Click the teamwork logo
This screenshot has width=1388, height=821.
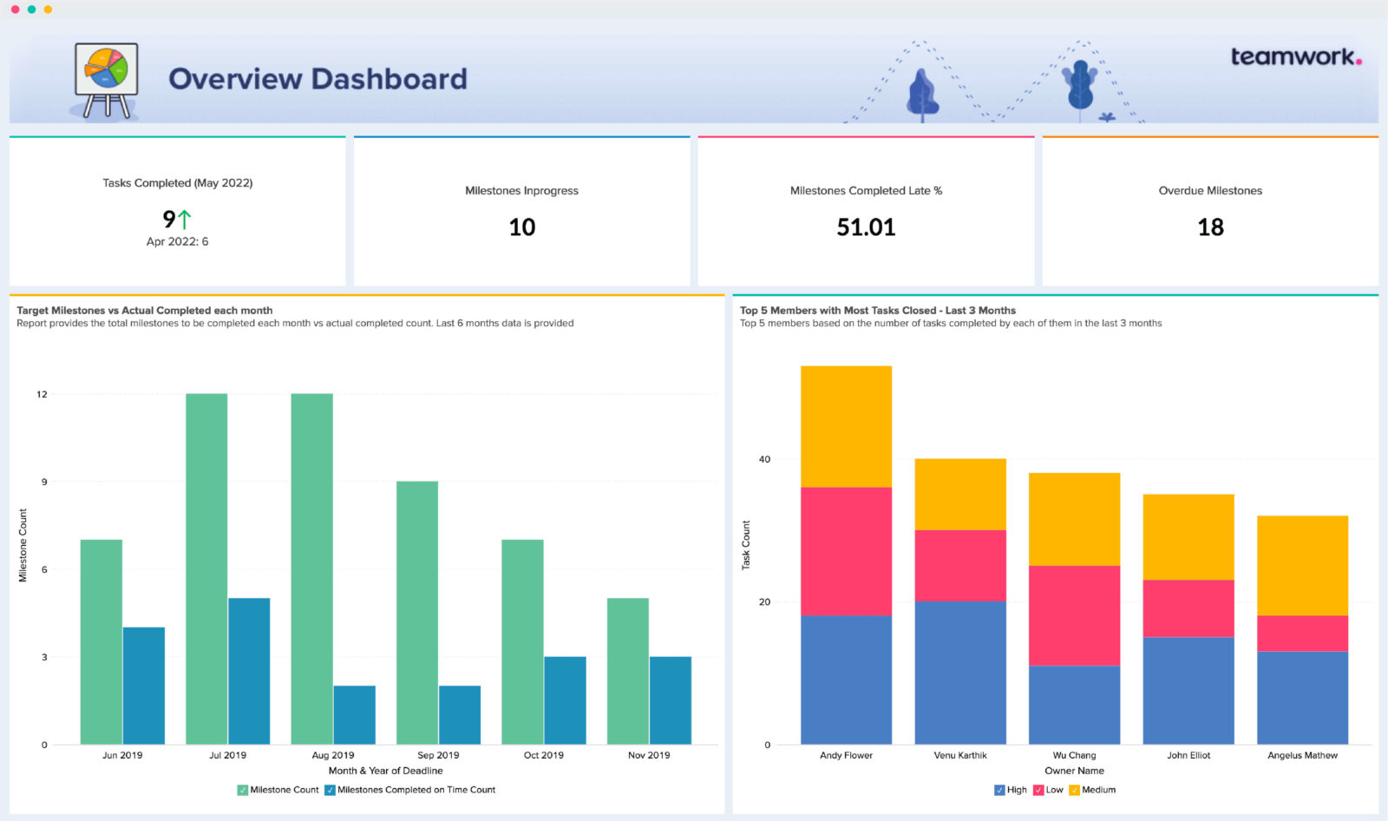1295,57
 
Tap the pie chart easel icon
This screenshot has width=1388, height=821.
106,78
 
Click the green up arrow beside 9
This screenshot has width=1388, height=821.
184,219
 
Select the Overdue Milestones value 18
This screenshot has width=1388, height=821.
1210,227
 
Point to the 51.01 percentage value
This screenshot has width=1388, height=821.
866,227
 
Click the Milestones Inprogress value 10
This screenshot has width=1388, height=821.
521,227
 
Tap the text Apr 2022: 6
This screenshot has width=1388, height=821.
177,242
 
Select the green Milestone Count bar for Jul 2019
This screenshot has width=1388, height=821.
206,568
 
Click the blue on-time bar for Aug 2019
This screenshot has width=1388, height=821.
354,714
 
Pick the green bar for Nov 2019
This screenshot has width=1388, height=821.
627,670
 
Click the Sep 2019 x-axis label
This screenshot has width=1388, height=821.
438,755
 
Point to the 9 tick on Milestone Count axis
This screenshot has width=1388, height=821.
44,482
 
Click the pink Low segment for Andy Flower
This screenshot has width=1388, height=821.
846,551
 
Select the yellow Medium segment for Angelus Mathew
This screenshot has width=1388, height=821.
1302,565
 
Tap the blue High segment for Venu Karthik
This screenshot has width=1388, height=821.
960,673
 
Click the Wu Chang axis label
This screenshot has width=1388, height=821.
1074,755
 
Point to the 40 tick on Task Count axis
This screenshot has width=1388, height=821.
764,459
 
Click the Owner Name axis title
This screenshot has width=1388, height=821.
1074,771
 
